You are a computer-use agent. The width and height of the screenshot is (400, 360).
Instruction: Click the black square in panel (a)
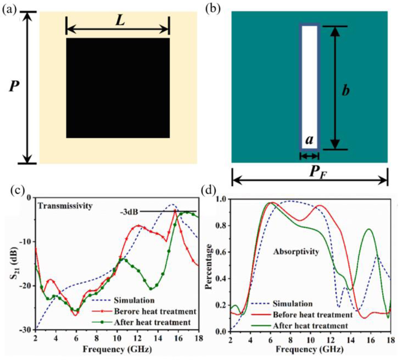[x=118, y=88]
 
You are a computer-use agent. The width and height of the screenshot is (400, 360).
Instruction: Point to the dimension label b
[x=346, y=90]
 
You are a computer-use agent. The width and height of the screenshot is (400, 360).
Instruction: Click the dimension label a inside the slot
[x=309, y=140]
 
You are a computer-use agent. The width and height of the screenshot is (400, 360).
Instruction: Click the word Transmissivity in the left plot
[x=65, y=206]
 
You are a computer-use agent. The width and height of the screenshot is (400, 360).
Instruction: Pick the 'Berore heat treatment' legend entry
[x=155, y=312]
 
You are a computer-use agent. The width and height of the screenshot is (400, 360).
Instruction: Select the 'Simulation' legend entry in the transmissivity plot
[x=134, y=301]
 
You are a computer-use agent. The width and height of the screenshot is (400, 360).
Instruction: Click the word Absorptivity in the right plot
[x=296, y=252]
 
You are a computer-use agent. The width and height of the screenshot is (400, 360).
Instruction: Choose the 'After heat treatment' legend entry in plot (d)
[x=310, y=326]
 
